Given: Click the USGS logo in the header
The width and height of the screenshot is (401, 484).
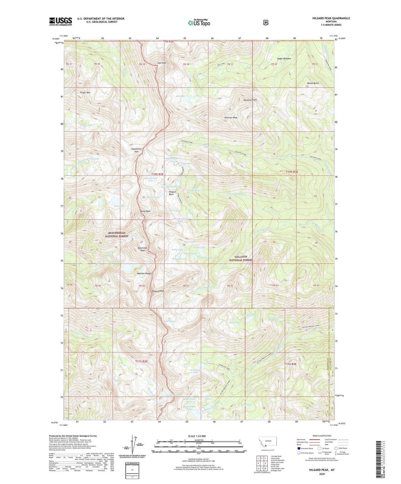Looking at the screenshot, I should [60, 21].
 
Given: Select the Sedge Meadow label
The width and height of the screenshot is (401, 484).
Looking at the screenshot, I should [284, 59].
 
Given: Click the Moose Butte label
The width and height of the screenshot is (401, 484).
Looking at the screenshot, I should [313, 83].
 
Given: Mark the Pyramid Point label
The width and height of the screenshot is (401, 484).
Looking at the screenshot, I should [250, 100].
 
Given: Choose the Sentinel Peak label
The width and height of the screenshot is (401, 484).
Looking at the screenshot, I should [231, 118].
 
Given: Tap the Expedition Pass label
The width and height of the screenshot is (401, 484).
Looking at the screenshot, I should [136, 150].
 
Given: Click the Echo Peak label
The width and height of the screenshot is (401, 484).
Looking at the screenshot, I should [145, 211].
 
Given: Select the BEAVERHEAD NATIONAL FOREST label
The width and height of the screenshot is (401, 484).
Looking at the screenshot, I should [117, 235].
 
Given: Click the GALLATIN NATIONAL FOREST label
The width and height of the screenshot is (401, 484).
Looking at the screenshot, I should [241, 258].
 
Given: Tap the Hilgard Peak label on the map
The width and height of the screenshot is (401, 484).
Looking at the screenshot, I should [158, 291].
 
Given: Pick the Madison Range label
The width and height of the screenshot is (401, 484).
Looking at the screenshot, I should [144, 273].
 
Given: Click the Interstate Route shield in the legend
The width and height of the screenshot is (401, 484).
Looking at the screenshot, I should [299, 448].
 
